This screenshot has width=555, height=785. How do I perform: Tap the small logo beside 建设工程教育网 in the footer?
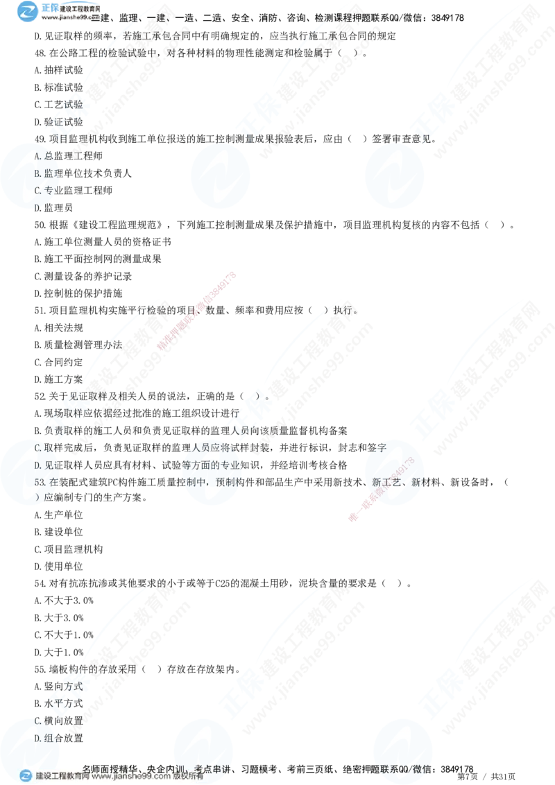coord(26,777)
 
